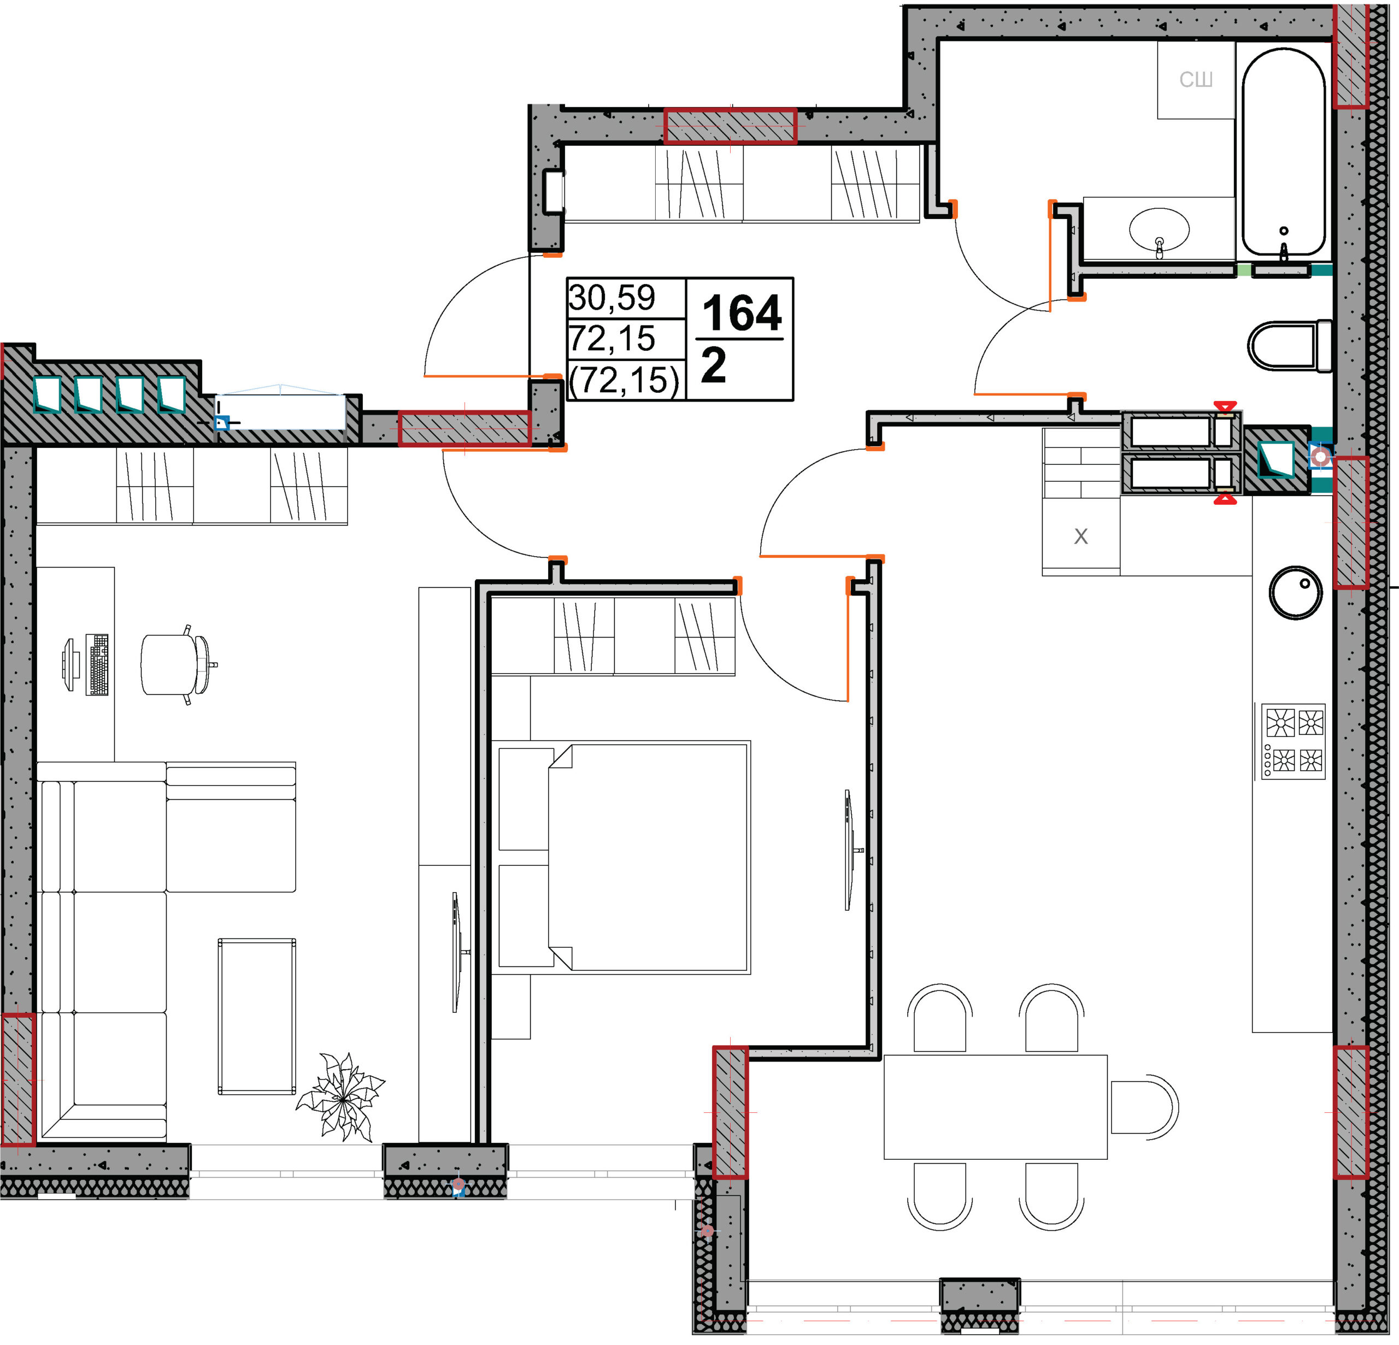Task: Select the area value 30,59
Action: pos(612,298)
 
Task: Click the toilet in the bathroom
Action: pos(1290,345)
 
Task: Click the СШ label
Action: pos(1196,79)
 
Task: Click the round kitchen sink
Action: pos(1296,592)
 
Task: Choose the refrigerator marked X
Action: pos(1080,536)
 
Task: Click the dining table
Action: pos(996,1107)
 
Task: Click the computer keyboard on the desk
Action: pos(97,664)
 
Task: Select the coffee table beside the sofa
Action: pos(257,1017)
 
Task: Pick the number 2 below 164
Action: pos(713,365)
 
